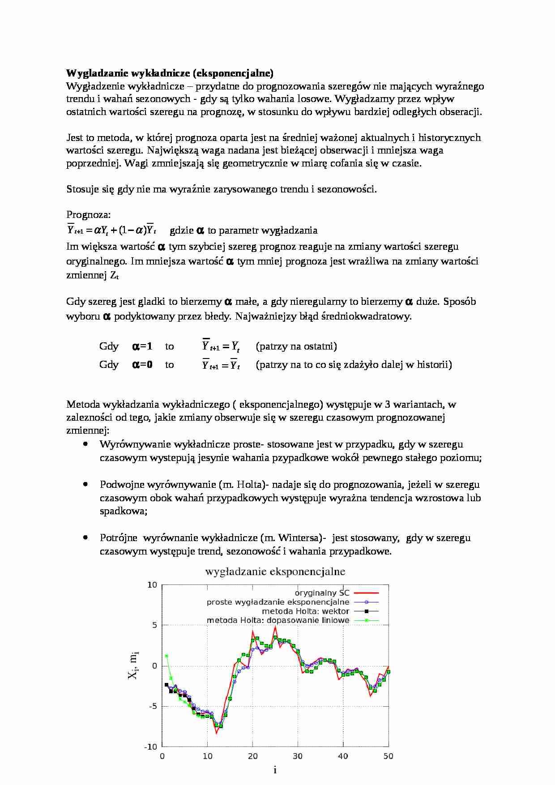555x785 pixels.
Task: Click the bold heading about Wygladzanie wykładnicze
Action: coord(170,73)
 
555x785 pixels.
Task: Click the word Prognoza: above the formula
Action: coord(88,214)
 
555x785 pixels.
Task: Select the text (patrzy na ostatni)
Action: coord(296,346)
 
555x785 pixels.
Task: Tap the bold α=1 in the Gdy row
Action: coord(142,346)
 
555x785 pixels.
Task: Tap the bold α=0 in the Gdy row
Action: coord(142,364)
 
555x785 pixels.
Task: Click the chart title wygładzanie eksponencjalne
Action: coord(275,572)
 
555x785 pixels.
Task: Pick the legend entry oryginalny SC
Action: coord(322,593)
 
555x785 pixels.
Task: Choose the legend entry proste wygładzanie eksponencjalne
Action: coord(277,602)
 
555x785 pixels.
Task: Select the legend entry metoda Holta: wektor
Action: coord(305,611)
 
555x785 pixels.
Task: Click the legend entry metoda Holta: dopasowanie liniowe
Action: coord(277,620)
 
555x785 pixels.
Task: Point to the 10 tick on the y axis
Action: coord(152,585)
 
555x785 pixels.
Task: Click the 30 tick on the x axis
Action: coord(298,756)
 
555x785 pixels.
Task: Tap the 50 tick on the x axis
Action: coord(388,756)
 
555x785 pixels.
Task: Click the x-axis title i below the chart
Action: coord(275,770)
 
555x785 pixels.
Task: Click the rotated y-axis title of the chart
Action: coord(133,666)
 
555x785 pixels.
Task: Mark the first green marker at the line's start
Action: coord(166,656)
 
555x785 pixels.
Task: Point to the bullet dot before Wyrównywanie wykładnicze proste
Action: coord(85,444)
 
